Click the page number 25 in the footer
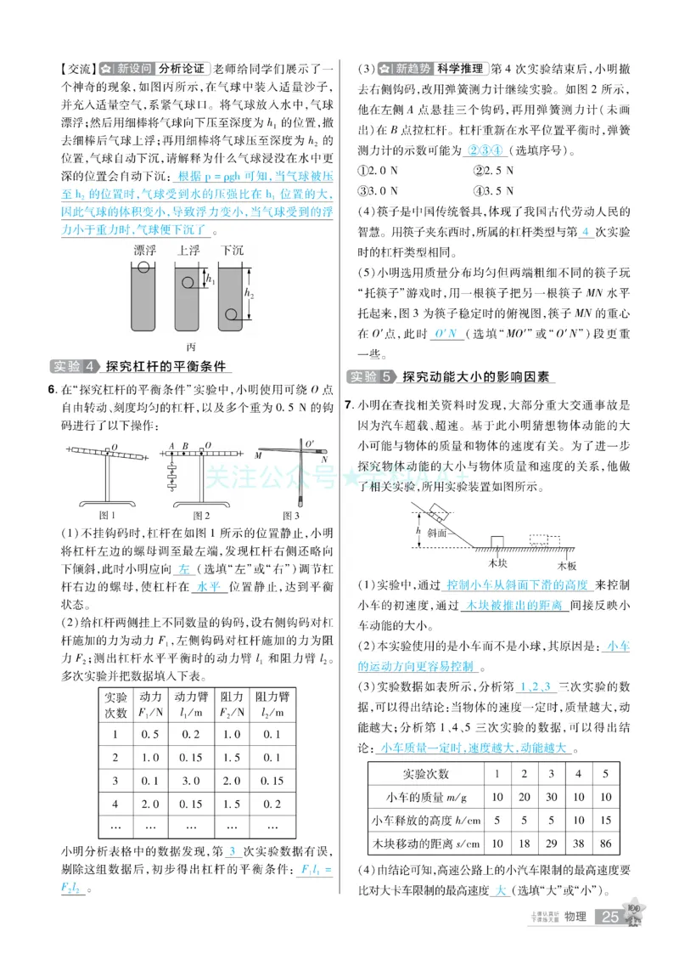pyautogui.click(x=610, y=917)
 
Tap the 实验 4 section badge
pyautogui.click(x=74, y=367)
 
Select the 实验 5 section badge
pyautogui.click(x=372, y=376)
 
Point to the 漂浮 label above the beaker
pyautogui.click(x=144, y=251)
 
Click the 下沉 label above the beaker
pyautogui.click(x=232, y=251)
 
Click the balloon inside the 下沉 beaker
pyautogui.click(x=230, y=315)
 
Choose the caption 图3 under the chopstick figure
pyautogui.click(x=291, y=515)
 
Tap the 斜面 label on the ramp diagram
pyautogui.click(x=438, y=533)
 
